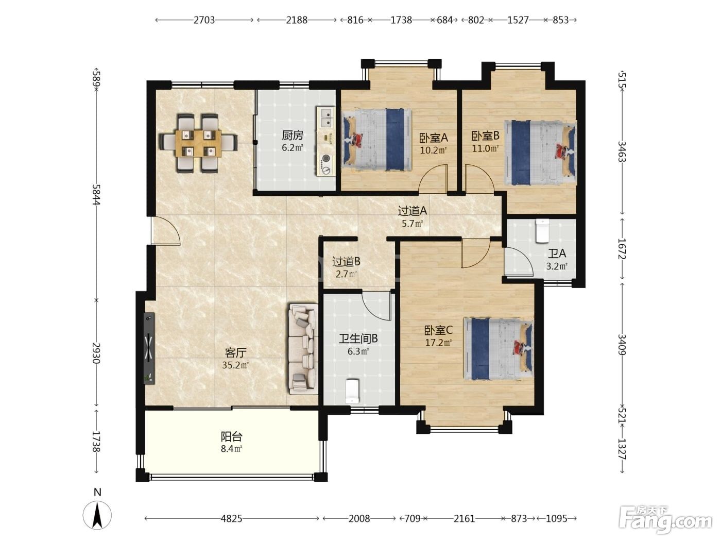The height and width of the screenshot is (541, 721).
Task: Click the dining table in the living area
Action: (198, 143)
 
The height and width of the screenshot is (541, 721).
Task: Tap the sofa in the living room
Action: (303, 349)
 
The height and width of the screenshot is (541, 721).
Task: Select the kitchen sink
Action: (326, 117)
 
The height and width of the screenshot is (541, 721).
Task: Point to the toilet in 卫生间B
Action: (353, 391)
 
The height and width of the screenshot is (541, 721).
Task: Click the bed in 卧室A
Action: (377, 140)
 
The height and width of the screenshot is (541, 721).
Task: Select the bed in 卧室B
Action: (540, 153)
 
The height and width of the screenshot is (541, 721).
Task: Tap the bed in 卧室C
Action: (499, 349)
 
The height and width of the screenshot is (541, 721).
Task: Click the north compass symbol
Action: (97, 514)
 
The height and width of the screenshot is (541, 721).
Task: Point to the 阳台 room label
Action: (232, 436)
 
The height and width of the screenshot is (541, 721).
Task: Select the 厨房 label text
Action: (293, 136)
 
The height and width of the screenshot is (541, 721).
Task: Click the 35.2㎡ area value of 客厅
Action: (235, 365)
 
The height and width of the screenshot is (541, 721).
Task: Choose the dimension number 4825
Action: (231, 519)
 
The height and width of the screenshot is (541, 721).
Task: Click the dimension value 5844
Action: (96, 194)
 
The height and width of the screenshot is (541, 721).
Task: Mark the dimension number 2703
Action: (204, 20)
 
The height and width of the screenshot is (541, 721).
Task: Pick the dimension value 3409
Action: (622, 345)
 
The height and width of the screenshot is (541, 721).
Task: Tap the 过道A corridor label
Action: (412, 211)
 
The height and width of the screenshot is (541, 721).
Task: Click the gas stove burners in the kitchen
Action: (326, 164)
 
